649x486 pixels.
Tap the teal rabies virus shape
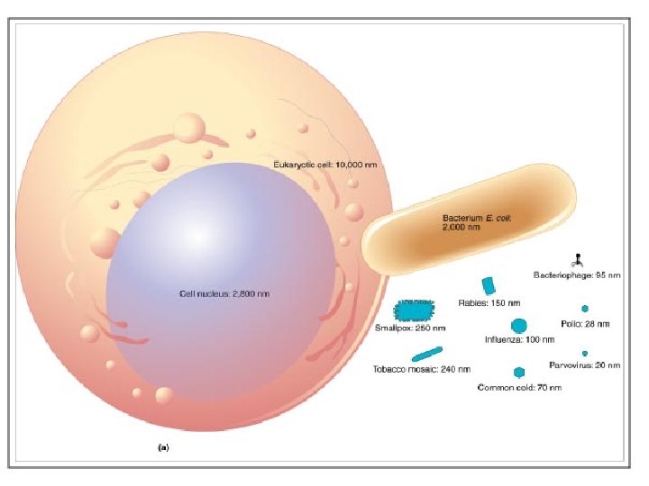(x=489, y=285)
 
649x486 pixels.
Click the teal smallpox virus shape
(x=415, y=310)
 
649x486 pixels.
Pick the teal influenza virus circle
(x=518, y=325)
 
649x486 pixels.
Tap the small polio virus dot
(x=584, y=308)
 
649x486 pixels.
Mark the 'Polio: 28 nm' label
(x=584, y=323)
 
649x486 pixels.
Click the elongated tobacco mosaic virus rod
(x=427, y=353)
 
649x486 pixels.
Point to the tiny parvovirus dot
(x=585, y=353)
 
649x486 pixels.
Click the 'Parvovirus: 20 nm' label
(x=584, y=365)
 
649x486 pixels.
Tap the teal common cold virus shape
(x=519, y=372)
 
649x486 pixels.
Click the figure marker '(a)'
(x=164, y=446)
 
